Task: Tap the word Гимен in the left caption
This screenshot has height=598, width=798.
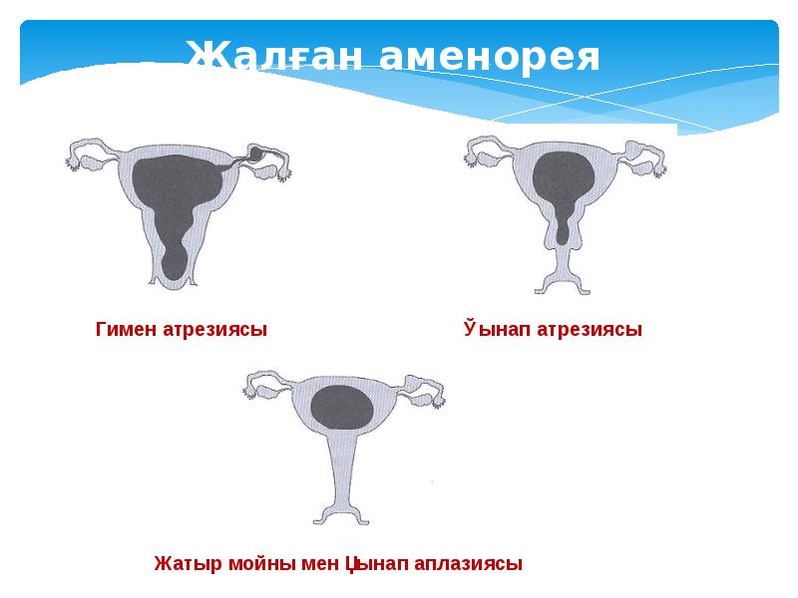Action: tap(126, 329)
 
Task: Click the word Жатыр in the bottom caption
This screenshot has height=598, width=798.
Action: tap(184, 563)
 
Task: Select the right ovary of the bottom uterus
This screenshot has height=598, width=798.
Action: tap(424, 395)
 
